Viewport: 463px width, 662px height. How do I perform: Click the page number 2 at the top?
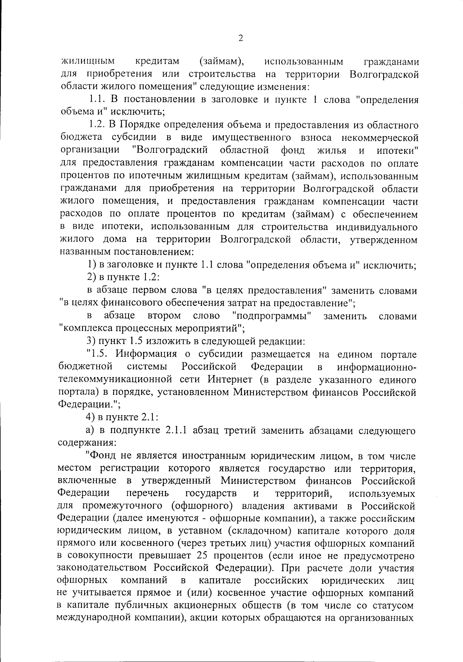241,38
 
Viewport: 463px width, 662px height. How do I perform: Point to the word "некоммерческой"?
380,138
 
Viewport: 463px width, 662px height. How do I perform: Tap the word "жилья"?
332,150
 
